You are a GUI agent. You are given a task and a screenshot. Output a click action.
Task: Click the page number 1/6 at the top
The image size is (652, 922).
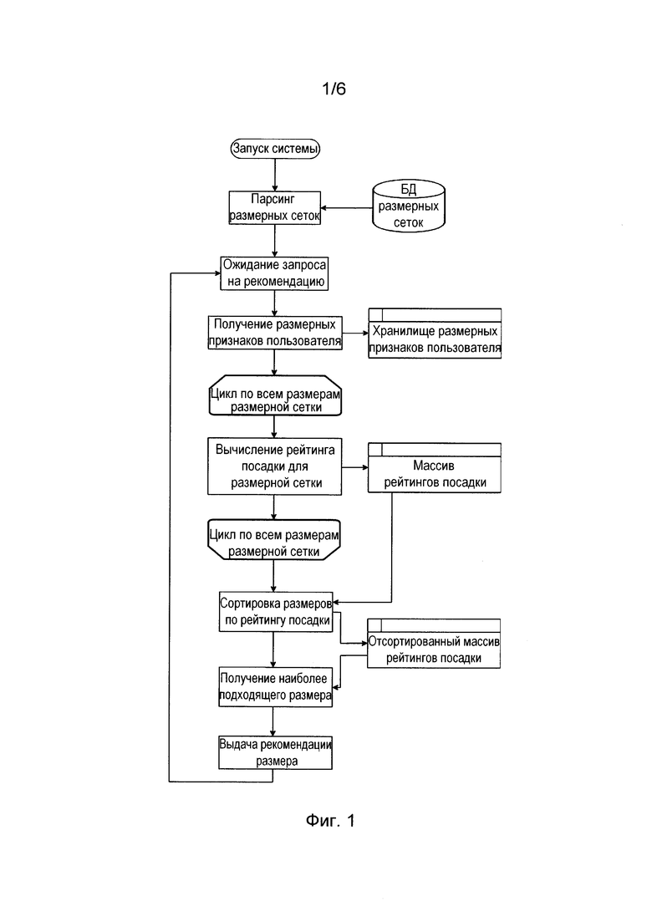(x=334, y=89)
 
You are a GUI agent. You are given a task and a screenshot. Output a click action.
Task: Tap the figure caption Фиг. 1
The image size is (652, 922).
(x=330, y=821)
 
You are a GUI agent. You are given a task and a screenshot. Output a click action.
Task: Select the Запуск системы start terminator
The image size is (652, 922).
(x=275, y=148)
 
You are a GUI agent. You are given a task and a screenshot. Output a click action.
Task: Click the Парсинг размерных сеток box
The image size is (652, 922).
(x=274, y=207)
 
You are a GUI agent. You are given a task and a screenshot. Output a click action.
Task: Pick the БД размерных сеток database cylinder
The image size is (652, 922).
(x=409, y=206)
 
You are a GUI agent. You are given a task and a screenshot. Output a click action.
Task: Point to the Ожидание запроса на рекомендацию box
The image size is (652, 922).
(x=274, y=273)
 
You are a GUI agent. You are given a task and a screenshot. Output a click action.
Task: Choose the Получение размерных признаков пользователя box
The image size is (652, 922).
(x=274, y=333)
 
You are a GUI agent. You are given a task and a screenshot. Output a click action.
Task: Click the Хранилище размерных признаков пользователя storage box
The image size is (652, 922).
(x=435, y=334)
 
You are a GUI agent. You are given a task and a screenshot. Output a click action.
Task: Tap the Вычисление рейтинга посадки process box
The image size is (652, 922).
(x=274, y=466)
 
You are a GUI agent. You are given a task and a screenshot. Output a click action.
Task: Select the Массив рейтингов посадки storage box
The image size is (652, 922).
(x=435, y=468)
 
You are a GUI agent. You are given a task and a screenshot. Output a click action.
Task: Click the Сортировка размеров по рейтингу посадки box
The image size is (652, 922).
(x=276, y=612)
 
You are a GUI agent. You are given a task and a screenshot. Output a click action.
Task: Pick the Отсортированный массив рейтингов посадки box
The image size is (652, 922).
(x=434, y=644)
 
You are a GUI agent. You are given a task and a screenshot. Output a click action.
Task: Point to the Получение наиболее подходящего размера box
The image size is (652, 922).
(x=275, y=687)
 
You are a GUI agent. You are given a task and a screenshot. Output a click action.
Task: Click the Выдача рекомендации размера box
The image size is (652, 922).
(x=275, y=752)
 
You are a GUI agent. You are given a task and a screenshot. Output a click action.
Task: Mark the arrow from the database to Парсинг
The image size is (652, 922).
(x=347, y=208)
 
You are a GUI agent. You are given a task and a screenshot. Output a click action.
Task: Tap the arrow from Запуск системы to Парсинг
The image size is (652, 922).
(x=274, y=175)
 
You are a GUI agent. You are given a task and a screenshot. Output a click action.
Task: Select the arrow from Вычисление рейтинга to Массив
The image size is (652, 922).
(x=355, y=467)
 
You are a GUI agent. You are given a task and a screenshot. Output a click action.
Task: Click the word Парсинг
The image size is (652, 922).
(x=273, y=199)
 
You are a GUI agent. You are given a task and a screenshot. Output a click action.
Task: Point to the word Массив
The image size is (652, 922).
(x=434, y=466)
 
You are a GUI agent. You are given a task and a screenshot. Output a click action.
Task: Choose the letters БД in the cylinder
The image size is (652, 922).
(x=409, y=189)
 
